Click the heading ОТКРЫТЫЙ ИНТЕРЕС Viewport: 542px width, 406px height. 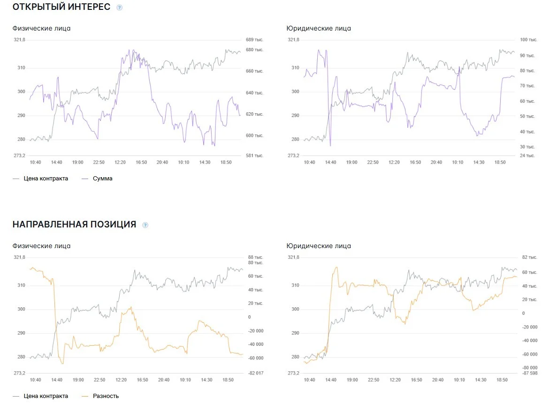click(61, 7)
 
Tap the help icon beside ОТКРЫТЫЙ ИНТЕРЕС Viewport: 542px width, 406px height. click(119, 8)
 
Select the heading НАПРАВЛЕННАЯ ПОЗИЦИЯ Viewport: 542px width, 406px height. click(74, 224)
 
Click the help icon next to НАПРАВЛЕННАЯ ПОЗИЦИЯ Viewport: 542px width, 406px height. click(145, 225)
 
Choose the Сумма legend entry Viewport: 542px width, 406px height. click(102, 179)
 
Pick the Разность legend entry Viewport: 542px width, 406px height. click(106, 396)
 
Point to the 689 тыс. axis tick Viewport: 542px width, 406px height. click(254, 40)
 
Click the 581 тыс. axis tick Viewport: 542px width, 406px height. click(254, 156)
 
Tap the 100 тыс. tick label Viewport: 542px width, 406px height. click(528, 40)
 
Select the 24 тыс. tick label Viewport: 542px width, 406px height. click(527, 156)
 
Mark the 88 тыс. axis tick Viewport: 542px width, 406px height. click(255, 257)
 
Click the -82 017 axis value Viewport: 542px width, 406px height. click(255, 373)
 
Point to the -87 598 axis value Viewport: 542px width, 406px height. click(529, 373)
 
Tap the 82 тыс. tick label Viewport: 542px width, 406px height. click(529, 257)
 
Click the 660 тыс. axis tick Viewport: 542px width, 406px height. click(254, 71)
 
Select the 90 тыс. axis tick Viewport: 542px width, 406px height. click(527, 56)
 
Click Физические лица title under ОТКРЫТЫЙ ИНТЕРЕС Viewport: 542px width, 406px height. click(41, 28)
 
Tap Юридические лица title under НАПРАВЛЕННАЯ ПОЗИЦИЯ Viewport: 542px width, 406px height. click(319, 246)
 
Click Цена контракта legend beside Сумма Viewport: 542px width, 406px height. click(46, 179)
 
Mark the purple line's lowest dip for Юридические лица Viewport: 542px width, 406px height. click(330, 146)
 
